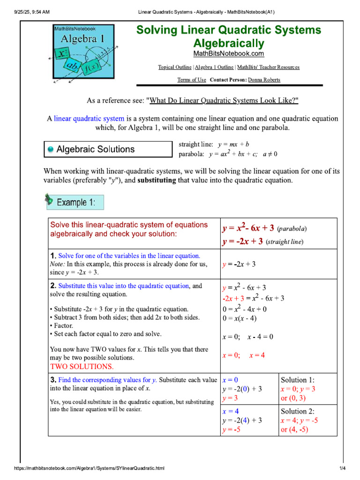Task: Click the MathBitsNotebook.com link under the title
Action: pos(228,54)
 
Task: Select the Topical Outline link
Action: pos(175,67)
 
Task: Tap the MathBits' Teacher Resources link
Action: pos(268,67)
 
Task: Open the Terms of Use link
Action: pos(191,80)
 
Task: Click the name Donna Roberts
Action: pos(264,80)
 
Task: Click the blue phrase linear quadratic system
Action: pos(89,119)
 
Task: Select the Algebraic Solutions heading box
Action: pos(108,150)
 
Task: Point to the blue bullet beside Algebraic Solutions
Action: pos(51,150)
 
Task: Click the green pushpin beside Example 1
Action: pos(49,200)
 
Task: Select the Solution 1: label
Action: pos(298,380)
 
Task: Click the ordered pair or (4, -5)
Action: pos(294,429)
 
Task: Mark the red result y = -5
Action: pos(232,429)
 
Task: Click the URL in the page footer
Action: pos(89,468)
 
